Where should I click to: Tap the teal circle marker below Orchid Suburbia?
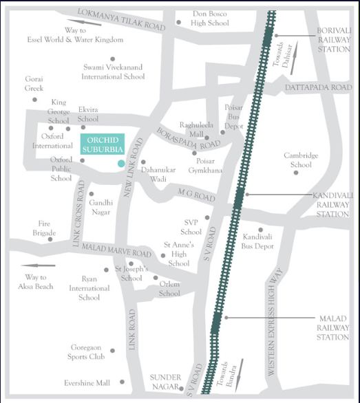pos(121,163)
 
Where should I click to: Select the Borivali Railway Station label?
pos(334,40)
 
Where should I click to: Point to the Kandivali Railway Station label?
pos(332,205)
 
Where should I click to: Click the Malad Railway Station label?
pos(334,328)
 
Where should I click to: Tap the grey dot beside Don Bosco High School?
pos(178,22)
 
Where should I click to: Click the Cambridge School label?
pos(301,160)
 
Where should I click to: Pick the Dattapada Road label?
pos(317,88)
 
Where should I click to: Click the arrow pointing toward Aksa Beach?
pos(38,265)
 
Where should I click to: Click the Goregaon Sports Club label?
pos(87,352)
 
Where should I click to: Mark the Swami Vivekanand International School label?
pos(113,72)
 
